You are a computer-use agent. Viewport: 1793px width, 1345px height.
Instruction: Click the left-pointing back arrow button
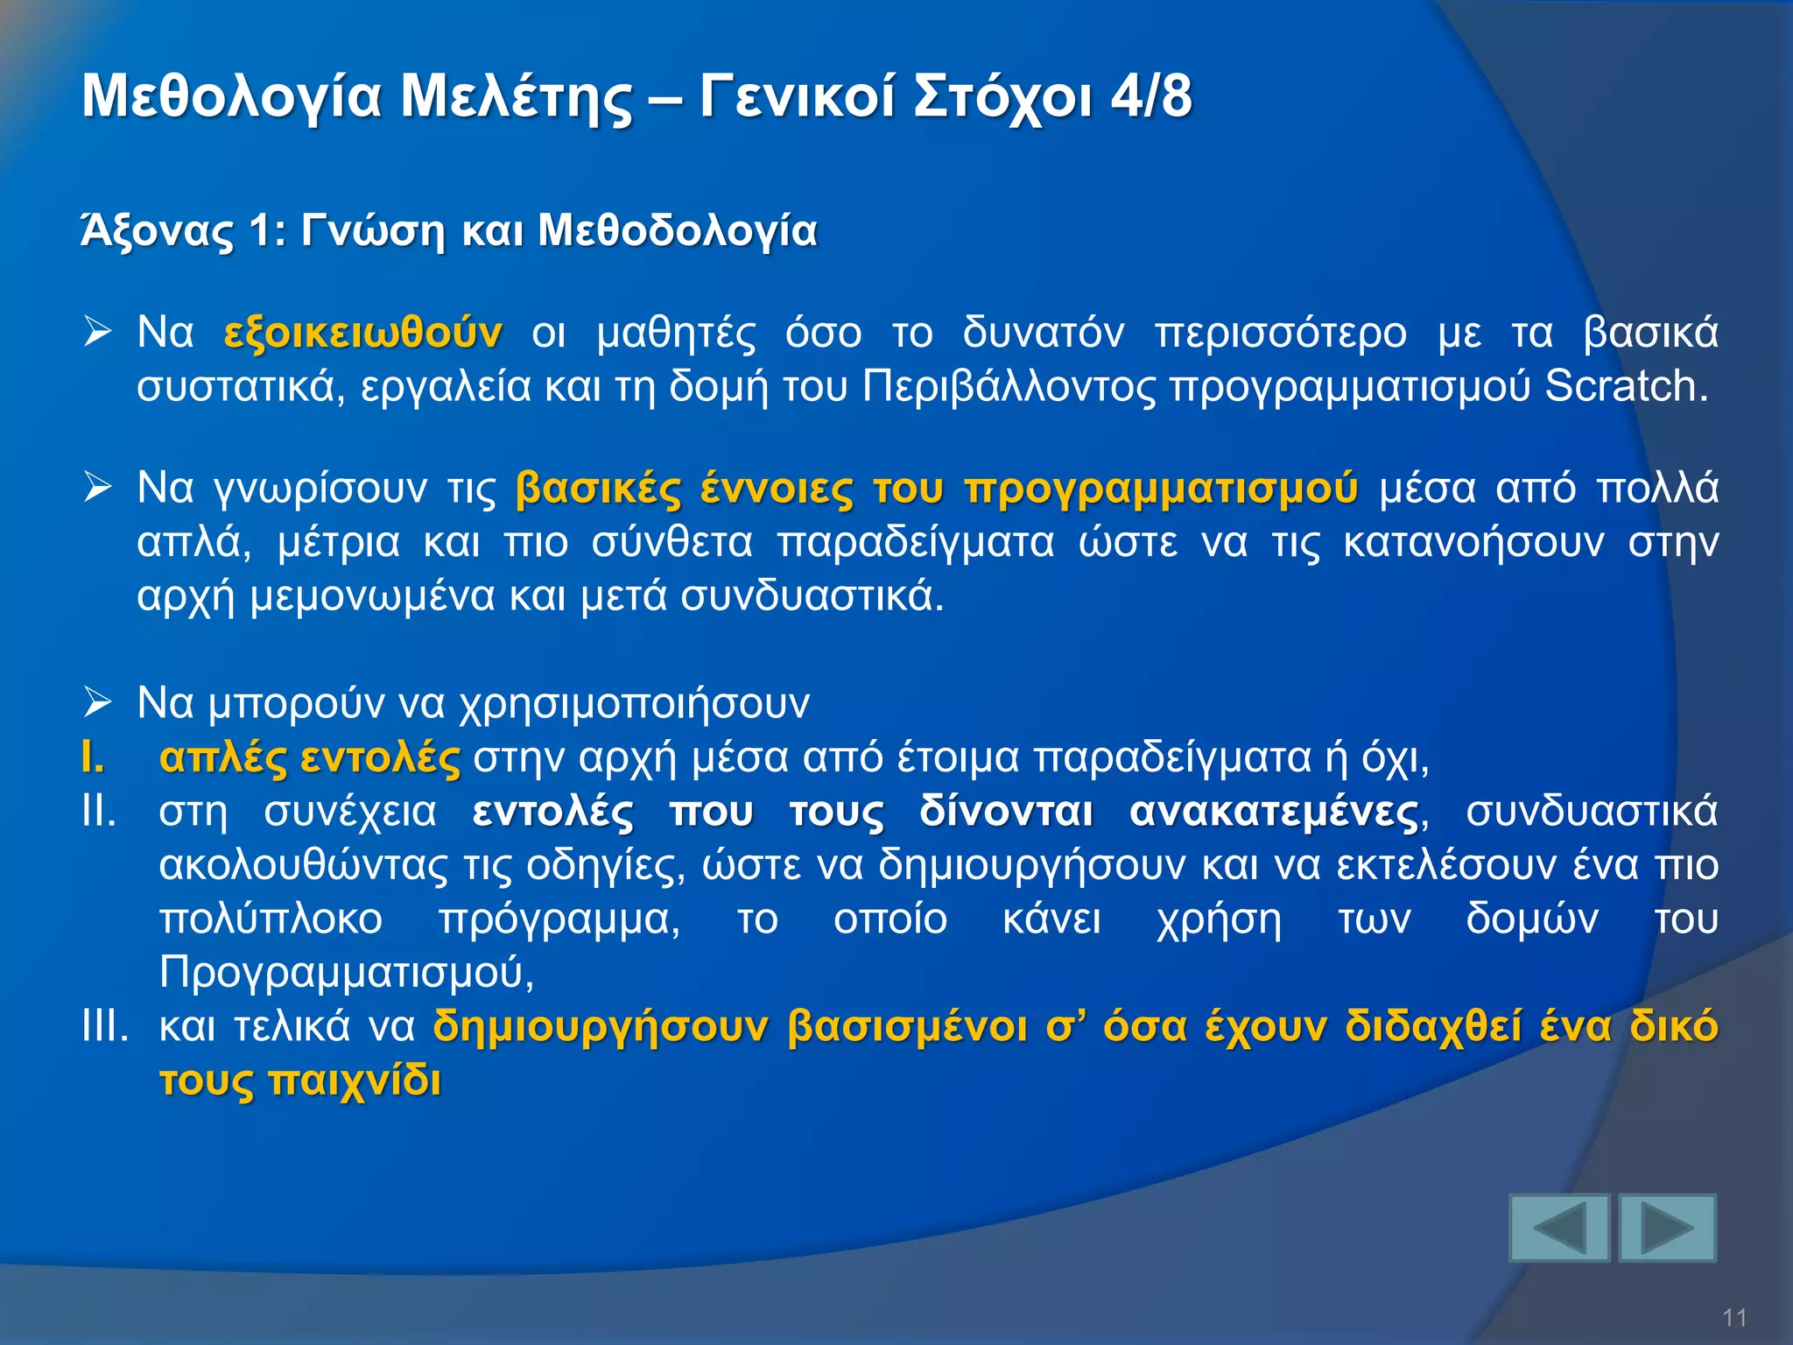[x=1559, y=1228]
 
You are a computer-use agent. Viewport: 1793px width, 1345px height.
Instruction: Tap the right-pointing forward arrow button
[x=1667, y=1228]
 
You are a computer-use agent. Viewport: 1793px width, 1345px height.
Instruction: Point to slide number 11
[x=1734, y=1318]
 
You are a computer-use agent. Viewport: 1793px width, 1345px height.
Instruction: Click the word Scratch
[x=1626, y=386]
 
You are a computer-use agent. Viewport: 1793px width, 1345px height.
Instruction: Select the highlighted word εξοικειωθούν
[x=362, y=334]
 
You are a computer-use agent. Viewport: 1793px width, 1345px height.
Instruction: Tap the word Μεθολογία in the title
[x=232, y=97]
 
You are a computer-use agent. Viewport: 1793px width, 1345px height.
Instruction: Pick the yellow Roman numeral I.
[x=92, y=757]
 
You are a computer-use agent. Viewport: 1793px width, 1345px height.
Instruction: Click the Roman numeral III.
[x=104, y=1025]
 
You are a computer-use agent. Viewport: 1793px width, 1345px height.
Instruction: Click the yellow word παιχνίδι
[x=355, y=1081]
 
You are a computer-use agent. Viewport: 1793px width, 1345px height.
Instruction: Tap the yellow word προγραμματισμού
[x=1161, y=489]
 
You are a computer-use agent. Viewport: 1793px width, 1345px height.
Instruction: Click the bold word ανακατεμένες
[x=1274, y=812]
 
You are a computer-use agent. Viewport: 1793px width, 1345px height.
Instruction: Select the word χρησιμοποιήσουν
[x=635, y=703]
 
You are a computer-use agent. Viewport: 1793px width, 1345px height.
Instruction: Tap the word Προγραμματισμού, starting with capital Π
[x=347, y=972]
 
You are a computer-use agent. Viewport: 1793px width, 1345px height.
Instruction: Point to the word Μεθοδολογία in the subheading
[x=677, y=232]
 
